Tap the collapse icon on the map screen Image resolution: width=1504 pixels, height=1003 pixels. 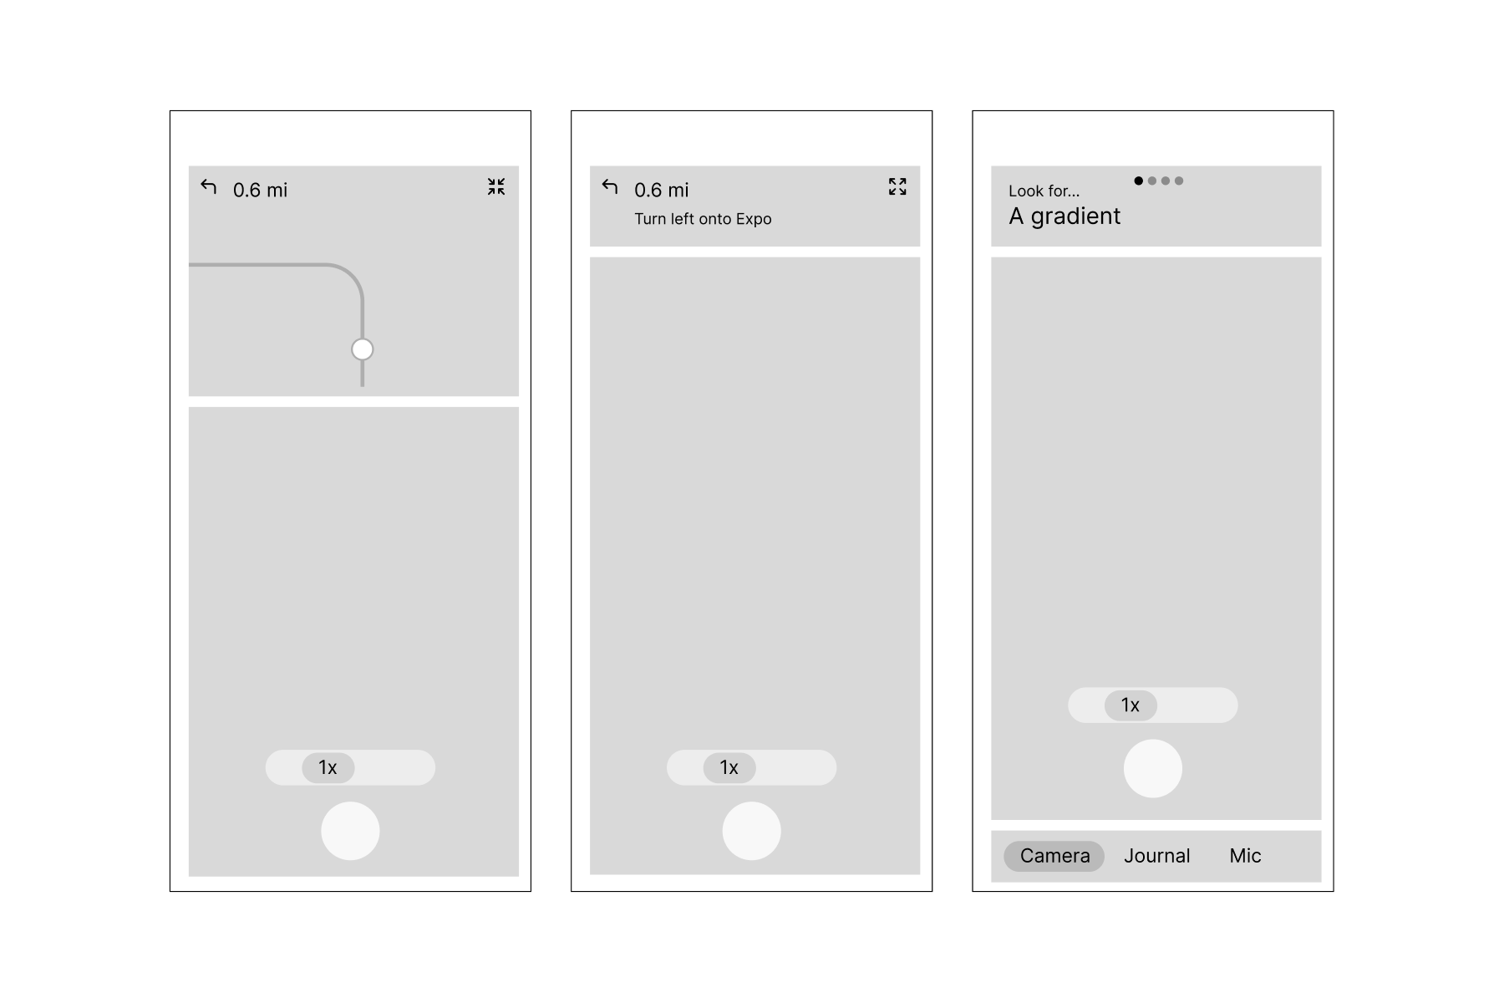pos(496,186)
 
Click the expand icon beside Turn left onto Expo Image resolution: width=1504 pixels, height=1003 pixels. pos(897,186)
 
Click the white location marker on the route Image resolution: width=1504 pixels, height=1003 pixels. pos(362,349)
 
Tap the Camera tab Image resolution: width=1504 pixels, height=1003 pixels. pos(1054,856)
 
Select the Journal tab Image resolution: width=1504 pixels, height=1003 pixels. pos(1156,856)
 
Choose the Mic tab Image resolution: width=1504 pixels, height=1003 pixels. pos(1245,856)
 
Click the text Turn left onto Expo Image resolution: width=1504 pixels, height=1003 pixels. pos(703,219)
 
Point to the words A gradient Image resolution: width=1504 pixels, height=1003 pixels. pos(1064,216)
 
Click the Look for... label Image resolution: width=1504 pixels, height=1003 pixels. pos(1044,191)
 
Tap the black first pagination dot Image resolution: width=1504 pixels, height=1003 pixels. pos(1139,181)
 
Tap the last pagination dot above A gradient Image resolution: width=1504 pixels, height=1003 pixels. pos(1179,181)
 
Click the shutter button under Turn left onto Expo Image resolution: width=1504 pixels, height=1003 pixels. pos(751,831)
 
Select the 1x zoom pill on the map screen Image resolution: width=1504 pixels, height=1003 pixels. pos(328,767)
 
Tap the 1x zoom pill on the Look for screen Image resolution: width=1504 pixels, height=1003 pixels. pos(1131,705)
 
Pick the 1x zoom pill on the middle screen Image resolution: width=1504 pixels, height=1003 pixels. pos(729,767)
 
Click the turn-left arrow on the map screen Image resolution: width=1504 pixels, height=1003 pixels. pos(209,187)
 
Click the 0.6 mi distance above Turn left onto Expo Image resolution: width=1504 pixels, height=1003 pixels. pos(662,191)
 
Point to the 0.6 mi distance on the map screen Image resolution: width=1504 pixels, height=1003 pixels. pos(261,191)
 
